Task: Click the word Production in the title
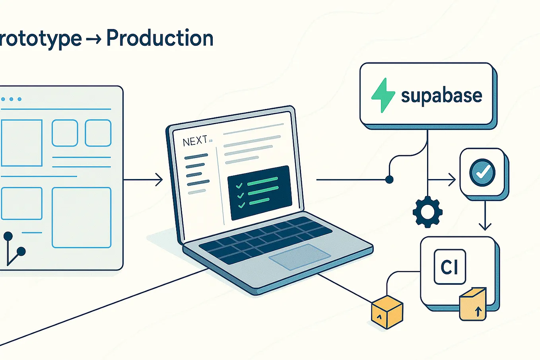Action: (160, 39)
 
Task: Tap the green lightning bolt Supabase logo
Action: (383, 95)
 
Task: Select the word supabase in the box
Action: (441, 96)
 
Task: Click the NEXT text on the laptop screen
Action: (195, 141)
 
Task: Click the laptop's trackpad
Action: (299, 257)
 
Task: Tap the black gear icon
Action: (427, 212)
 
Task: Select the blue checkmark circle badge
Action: (482, 172)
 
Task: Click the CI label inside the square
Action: (450, 267)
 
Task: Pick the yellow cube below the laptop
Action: (387, 312)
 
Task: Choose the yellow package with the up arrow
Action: (473, 304)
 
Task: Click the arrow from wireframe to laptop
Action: (143, 180)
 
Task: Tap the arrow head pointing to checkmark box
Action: (452, 180)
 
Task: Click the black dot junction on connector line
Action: (389, 180)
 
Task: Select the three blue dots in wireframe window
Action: (11, 99)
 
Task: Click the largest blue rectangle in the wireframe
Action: (82, 218)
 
